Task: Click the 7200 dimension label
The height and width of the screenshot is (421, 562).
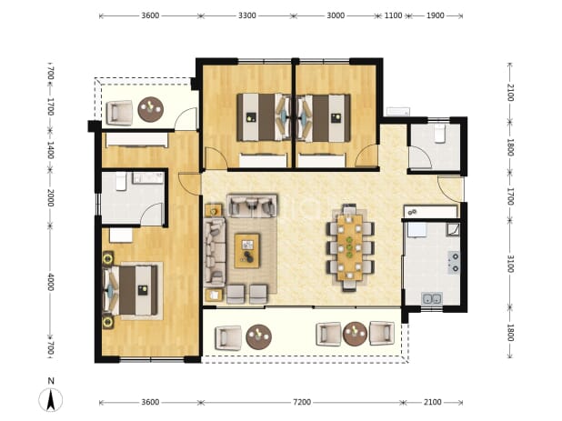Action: tap(302, 402)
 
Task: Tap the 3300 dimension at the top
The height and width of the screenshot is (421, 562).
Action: tap(247, 15)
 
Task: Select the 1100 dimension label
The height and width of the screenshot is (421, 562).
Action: tap(393, 15)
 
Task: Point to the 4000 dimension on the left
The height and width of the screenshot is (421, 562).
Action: tap(51, 282)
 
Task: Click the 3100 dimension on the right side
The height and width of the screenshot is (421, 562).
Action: tap(511, 264)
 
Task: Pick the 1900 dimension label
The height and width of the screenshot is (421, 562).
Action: tap(435, 15)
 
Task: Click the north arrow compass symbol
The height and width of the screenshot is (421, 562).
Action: tap(51, 399)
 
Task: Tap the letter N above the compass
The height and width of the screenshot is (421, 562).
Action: tap(51, 380)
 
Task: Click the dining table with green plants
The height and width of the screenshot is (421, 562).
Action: tap(349, 247)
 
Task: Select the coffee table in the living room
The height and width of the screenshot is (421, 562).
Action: tap(247, 250)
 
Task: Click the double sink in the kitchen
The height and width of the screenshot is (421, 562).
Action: tap(432, 298)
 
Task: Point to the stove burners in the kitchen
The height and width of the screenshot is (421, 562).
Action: tap(454, 262)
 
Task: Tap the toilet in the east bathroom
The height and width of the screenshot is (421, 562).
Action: tap(439, 134)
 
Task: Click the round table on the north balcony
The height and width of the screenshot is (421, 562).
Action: tap(151, 109)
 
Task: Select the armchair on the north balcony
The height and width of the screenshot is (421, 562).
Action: tap(119, 113)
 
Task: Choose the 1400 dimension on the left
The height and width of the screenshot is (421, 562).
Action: tap(51, 150)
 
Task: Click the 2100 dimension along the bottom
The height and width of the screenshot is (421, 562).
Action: tap(432, 402)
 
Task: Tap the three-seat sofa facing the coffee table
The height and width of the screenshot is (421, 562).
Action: tap(215, 252)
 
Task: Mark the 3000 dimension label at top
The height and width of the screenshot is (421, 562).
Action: tap(336, 15)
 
